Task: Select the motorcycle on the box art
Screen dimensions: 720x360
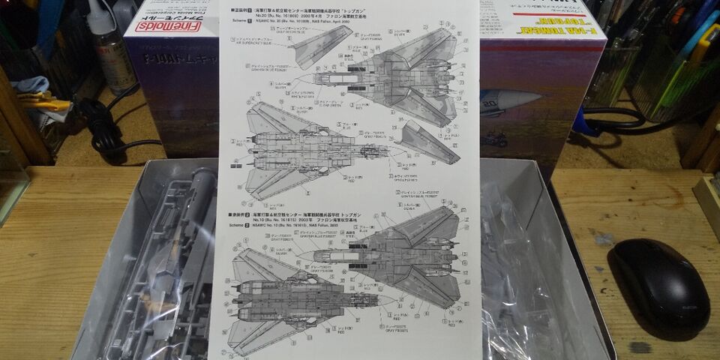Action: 495,139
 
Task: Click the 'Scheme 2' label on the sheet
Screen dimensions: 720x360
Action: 239,224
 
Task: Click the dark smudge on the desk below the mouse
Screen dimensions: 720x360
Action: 639,347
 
